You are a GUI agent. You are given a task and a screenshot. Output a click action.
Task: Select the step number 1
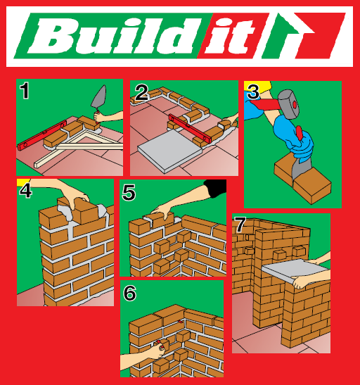pos(25,91)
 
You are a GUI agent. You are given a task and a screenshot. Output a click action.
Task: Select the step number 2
pos(141,93)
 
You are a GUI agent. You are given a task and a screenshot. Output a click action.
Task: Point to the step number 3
pos(253,91)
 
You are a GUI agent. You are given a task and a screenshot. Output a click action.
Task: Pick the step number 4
pos(25,190)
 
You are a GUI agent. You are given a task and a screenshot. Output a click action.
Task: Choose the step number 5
pos(129,193)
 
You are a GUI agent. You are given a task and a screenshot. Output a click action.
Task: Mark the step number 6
pos(129,293)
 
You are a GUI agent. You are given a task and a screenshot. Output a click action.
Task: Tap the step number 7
pos(240,225)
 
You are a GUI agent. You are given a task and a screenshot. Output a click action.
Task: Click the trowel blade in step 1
pos(100,96)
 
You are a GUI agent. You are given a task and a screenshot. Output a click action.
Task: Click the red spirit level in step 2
pos(190,128)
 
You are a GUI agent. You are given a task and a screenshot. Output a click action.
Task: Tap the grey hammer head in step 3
pos(289,104)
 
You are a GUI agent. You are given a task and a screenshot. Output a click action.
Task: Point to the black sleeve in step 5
pos(215,188)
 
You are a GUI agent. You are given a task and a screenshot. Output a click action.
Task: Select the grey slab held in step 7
pos(295,270)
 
